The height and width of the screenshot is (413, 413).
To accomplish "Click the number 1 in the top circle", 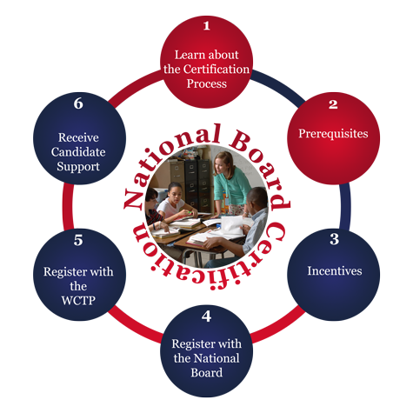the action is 206,26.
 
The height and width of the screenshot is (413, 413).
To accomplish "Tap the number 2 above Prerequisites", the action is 333,104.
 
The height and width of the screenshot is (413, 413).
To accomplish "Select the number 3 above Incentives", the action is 334,239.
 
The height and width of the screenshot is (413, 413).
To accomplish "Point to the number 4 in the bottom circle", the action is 206,316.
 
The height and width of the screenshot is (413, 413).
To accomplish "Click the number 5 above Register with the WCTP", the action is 78,240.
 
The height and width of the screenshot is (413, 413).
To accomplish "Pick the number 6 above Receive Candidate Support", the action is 78,103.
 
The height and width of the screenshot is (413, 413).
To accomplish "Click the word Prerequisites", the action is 333,134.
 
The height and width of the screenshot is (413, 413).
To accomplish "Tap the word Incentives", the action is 335,271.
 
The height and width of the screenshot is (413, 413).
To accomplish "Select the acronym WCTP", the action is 78,301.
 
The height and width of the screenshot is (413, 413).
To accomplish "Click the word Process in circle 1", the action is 207,83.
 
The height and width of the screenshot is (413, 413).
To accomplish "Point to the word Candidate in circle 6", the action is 78,152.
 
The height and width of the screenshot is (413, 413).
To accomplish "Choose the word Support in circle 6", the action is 78,167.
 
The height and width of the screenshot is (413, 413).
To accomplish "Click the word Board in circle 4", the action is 207,373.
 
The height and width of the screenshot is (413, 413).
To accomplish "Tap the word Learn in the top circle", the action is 187,55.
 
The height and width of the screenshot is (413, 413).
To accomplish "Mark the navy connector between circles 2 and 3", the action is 345,206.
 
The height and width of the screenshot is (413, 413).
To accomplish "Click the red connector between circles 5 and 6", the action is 68,206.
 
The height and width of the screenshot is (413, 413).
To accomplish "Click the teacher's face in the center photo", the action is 222,165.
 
